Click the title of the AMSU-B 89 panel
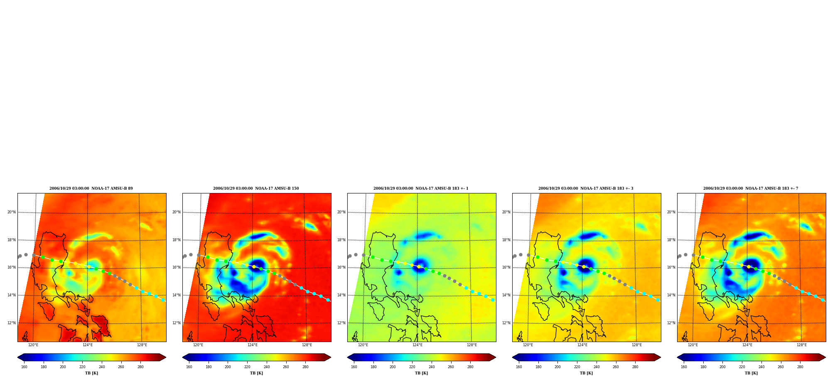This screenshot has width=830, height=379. pos(91,188)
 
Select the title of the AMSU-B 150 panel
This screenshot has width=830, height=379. pos(256,188)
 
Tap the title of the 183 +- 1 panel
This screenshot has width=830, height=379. pos(421,188)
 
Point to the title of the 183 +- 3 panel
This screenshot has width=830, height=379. pos(586,188)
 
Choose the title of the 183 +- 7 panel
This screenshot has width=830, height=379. pos(751,188)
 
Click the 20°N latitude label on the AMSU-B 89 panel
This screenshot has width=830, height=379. pos(12,212)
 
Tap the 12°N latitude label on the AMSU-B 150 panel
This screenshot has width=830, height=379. pos(177,323)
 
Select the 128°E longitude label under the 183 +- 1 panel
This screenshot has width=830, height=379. pos(472,345)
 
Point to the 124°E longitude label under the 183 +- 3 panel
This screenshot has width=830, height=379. pos(582,345)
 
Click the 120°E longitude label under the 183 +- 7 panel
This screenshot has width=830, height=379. pos(693,345)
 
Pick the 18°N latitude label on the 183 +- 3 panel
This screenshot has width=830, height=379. pos(506,240)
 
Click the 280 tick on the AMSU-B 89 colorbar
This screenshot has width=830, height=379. pos(140,367)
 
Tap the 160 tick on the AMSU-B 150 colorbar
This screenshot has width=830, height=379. pos(189,367)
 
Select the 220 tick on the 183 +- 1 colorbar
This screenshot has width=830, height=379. pos(412,367)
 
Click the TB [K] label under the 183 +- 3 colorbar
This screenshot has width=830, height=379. pos(586,373)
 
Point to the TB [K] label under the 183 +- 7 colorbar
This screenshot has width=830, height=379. pos(751,373)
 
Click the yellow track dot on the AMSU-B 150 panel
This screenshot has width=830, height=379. pos(254,267)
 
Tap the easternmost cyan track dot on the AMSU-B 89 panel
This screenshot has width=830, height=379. pos(163,300)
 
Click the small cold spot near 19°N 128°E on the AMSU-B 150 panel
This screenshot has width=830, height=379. pos(310,226)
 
